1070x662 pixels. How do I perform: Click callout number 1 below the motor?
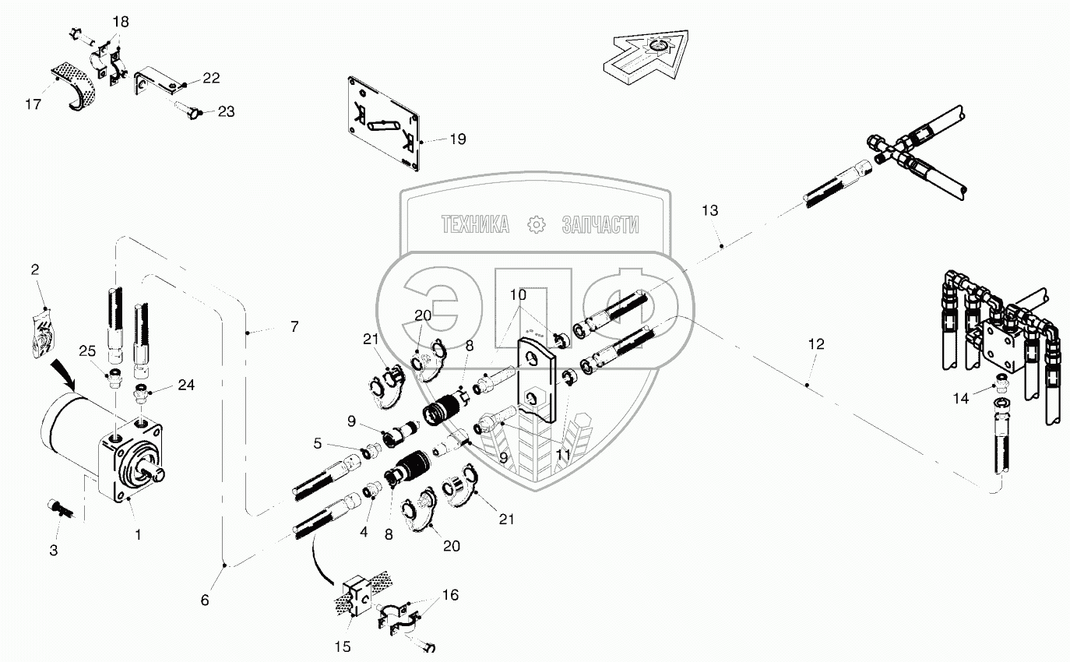click(x=138, y=535)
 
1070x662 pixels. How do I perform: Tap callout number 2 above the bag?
click(x=35, y=270)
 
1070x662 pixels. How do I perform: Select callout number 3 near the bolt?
click(x=54, y=551)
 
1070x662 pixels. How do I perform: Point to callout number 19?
click(x=458, y=139)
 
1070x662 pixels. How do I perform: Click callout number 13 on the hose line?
click(x=710, y=210)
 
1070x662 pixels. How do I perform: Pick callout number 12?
click(x=816, y=344)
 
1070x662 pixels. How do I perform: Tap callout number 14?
click(x=961, y=398)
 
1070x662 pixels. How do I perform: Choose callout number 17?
click(x=33, y=104)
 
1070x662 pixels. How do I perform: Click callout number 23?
click(x=226, y=112)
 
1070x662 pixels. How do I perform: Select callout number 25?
click(x=87, y=351)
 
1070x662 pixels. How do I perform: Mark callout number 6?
click(x=205, y=600)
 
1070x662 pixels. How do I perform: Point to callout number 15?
click(x=343, y=646)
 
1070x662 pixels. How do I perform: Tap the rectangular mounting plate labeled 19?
click(x=383, y=123)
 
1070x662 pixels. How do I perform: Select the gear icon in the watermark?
click(x=536, y=224)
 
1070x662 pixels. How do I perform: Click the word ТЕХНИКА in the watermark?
click(x=475, y=224)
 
